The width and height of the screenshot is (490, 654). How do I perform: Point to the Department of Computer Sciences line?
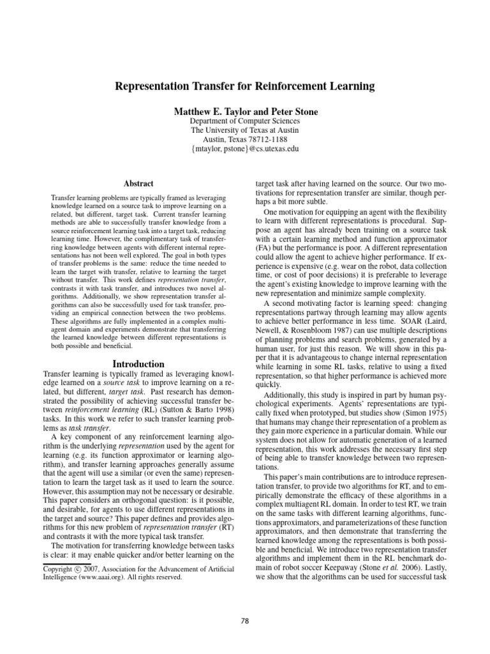click(245, 121)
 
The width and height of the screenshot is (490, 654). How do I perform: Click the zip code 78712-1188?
click(269, 139)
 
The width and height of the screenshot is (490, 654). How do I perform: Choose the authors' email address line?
click(245, 149)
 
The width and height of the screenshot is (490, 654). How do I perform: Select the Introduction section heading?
click(138, 364)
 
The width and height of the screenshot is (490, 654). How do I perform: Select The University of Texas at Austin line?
click(245, 130)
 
